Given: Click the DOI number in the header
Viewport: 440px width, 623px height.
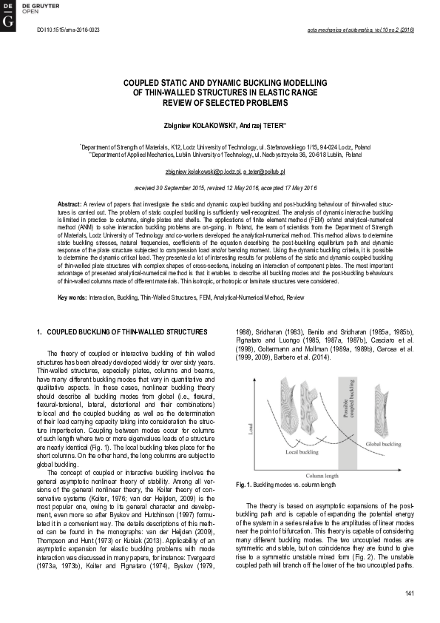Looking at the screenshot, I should click(62, 31).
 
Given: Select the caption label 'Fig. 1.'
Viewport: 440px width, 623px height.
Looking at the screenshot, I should click(245, 485).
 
